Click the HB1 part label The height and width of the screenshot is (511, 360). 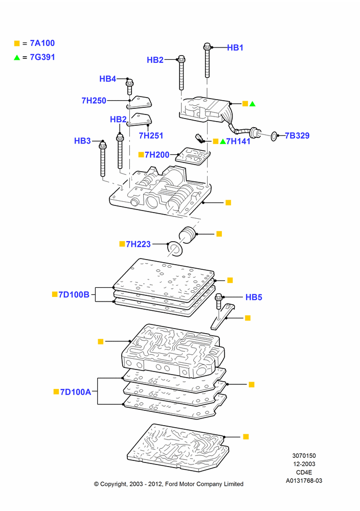pyautogui.click(x=235, y=48)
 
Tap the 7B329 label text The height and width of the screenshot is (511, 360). pyautogui.click(x=297, y=135)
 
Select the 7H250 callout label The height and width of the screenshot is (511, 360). pyautogui.click(x=94, y=101)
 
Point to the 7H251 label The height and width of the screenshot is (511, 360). pyautogui.click(x=151, y=135)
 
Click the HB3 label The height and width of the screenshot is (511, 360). pyautogui.click(x=82, y=141)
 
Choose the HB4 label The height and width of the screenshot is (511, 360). pyautogui.click(x=107, y=79)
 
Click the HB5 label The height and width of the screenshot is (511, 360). pyautogui.click(x=254, y=297)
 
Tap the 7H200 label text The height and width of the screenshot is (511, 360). pyautogui.click(x=157, y=155)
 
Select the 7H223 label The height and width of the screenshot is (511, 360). pyautogui.click(x=138, y=244)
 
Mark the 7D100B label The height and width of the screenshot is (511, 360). pyautogui.click(x=74, y=295)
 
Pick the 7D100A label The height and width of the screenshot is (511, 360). pyautogui.click(x=76, y=392)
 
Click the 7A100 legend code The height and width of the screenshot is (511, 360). pyautogui.click(x=42, y=43)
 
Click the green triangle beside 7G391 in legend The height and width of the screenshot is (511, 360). pyautogui.click(x=17, y=58)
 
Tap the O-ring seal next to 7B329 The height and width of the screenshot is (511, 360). pyautogui.click(x=274, y=136)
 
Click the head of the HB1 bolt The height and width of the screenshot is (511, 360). pyautogui.click(x=207, y=47)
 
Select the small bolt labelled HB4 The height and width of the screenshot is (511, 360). pyautogui.click(x=129, y=86)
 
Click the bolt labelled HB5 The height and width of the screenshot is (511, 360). pyautogui.click(x=218, y=303)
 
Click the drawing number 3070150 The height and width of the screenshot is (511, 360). pyautogui.click(x=304, y=456)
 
